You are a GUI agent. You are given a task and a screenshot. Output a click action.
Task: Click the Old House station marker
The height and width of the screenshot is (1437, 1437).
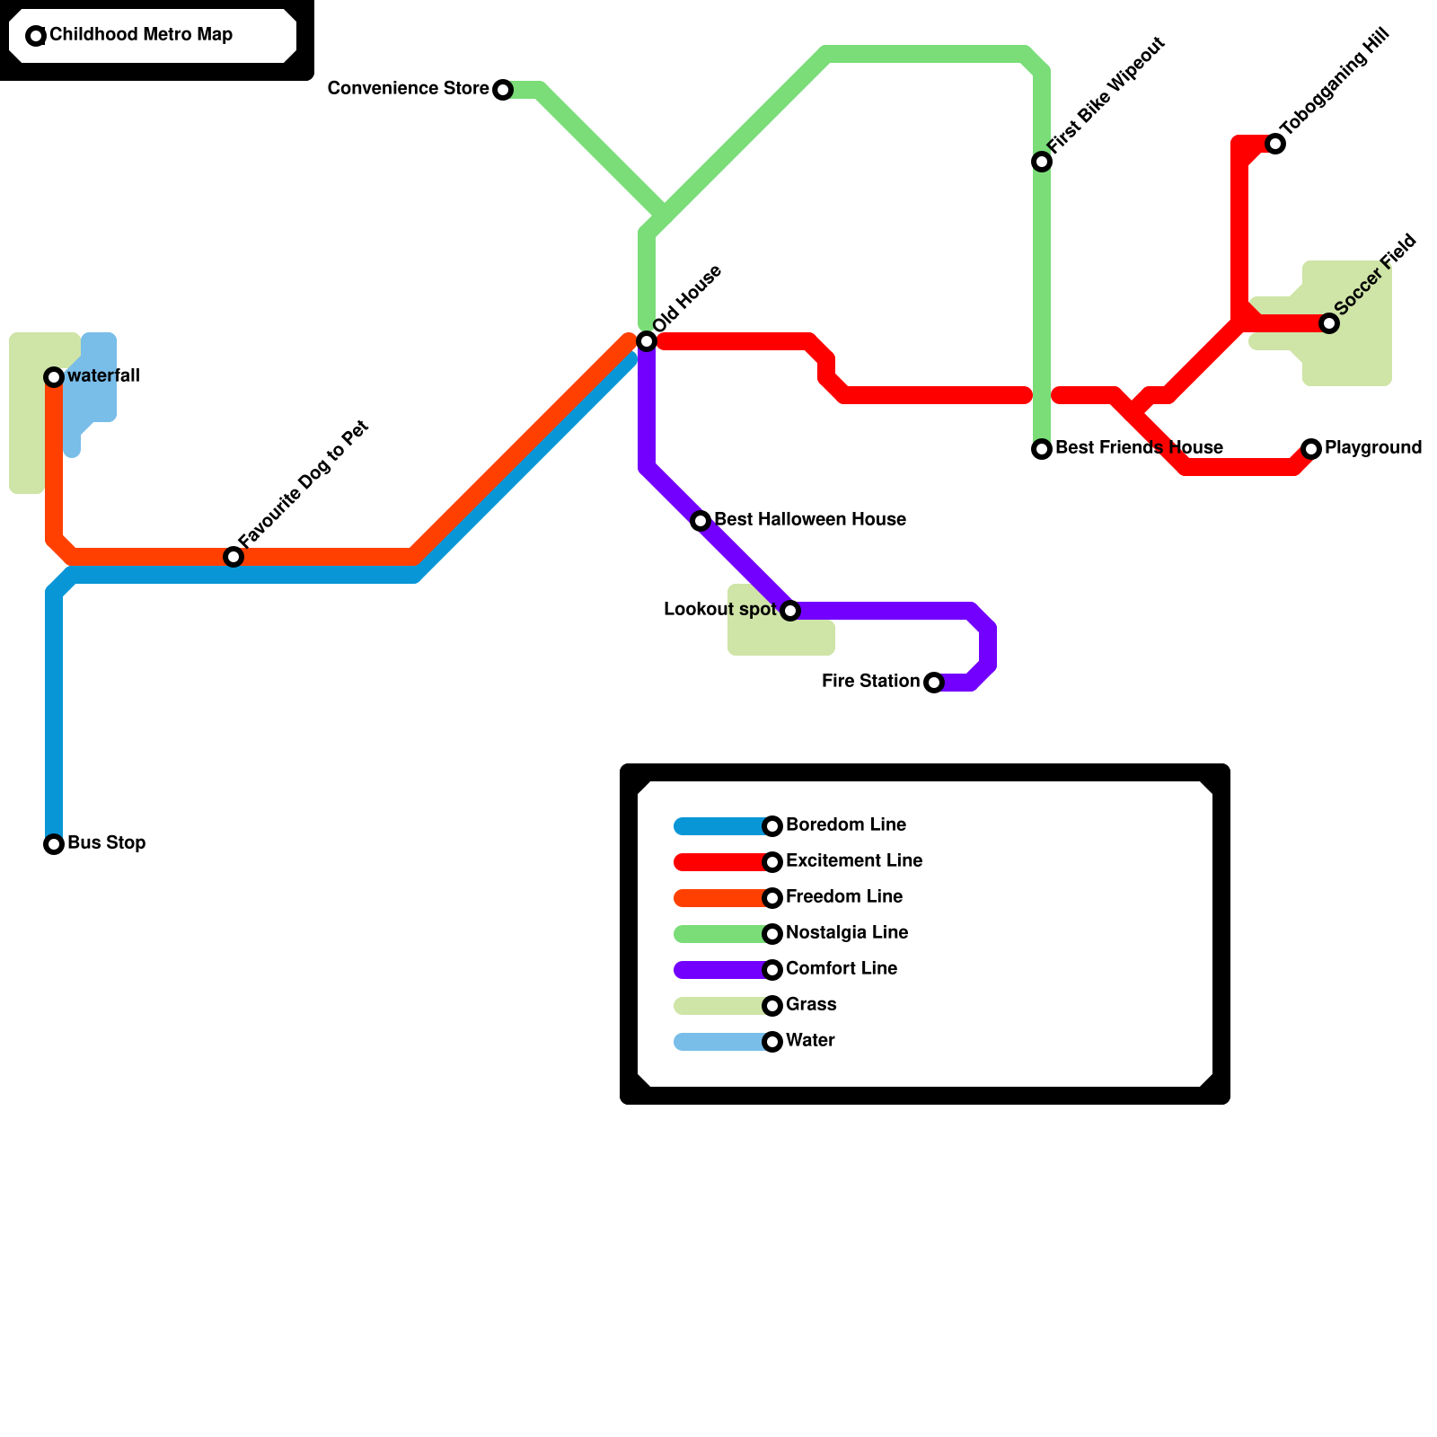pyautogui.click(x=647, y=341)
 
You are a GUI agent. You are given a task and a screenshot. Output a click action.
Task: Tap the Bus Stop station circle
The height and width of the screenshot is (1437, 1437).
pyautogui.click(x=54, y=844)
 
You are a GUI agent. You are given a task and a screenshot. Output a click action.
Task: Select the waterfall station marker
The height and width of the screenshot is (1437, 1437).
pyautogui.click(x=54, y=377)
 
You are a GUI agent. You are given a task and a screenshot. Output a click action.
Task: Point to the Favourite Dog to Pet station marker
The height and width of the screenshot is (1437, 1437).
pyautogui.click(x=234, y=557)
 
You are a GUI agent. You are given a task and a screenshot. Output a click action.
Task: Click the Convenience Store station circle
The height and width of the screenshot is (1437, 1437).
pyautogui.click(x=503, y=90)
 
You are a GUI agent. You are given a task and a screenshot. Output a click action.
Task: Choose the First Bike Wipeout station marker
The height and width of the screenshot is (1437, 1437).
pyautogui.click(x=1042, y=162)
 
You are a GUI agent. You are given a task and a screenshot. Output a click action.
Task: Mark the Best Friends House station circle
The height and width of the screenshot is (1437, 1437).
pyautogui.click(x=1042, y=449)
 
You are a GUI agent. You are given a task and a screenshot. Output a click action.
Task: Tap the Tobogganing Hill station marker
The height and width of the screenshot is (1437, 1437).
pyautogui.click(x=1275, y=144)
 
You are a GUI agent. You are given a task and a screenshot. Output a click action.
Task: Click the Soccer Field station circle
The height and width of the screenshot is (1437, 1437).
pyautogui.click(x=1329, y=323)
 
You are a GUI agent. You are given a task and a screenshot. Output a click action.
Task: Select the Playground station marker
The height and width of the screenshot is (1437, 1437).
pyautogui.click(x=1311, y=449)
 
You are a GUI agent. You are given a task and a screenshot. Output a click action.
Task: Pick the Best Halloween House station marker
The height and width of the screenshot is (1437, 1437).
pyautogui.click(x=701, y=521)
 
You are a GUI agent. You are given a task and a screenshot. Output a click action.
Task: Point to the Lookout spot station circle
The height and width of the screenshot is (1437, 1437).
pyautogui.click(x=790, y=611)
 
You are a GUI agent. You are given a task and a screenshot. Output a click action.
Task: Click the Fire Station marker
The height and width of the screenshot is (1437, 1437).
pyautogui.click(x=934, y=683)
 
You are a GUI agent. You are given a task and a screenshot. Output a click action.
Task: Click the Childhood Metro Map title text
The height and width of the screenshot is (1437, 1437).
pyautogui.click(x=141, y=35)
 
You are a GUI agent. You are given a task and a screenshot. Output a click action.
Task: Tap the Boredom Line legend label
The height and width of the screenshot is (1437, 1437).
pyautogui.click(x=845, y=825)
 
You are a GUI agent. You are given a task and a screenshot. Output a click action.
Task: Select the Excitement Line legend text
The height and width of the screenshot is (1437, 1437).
pyautogui.click(x=853, y=861)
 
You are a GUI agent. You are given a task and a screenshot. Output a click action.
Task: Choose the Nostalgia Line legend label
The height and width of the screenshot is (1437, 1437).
pyautogui.click(x=846, y=933)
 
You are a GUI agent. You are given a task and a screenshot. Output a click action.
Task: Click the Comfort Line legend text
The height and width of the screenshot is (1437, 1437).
pyautogui.click(x=841, y=969)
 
